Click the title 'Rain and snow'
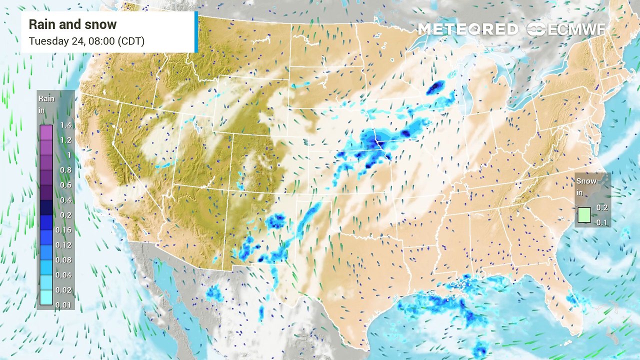point(72,24)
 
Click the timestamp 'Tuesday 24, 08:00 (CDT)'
point(86,41)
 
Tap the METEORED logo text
point(467,29)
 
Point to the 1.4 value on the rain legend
point(65,125)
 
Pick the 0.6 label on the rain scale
point(65,185)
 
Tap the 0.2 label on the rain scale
point(65,215)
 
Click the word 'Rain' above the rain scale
point(46,98)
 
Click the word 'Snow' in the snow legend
point(586,181)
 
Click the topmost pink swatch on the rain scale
point(46,132)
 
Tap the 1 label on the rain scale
point(69,155)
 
